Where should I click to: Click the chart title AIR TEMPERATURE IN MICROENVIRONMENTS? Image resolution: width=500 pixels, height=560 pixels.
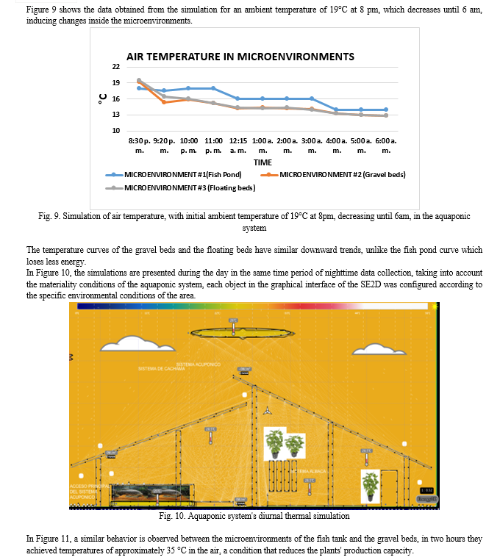tap(240, 57)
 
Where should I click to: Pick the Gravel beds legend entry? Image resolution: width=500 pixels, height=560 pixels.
tap(343, 175)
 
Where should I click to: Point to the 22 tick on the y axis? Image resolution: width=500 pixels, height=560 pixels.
tap(115, 67)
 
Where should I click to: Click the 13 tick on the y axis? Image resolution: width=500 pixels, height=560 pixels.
tap(115, 115)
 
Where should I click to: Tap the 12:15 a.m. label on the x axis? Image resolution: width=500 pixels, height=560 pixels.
tap(238, 144)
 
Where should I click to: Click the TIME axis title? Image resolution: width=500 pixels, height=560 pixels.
tap(262, 162)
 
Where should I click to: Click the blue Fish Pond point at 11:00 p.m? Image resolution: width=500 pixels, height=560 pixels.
tap(213, 88)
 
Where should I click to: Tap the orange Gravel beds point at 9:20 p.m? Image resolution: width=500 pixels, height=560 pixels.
tap(164, 102)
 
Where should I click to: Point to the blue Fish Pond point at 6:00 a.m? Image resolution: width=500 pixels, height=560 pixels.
tap(385, 110)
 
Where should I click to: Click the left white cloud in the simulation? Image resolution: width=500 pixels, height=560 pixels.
tap(129, 343)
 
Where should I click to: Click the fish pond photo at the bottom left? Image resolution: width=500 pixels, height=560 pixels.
tap(151, 495)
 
